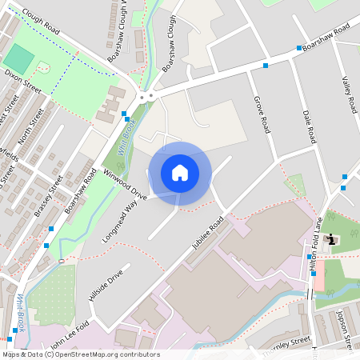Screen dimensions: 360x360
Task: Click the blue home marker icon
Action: pyautogui.click(x=180, y=172)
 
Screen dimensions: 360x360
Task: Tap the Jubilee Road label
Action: pyautogui.click(x=208, y=233)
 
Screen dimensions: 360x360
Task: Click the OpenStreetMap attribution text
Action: pyautogui.click(x=81, y=354)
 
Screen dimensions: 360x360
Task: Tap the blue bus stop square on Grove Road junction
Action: pyautogui.click(x=265, y=66)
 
